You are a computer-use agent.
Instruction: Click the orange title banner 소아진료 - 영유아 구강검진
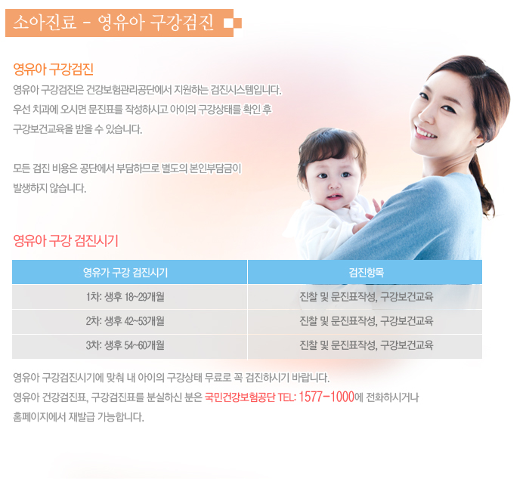point(119,23)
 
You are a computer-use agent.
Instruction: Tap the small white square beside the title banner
point(228,23)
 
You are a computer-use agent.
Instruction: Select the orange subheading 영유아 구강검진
point(54,70)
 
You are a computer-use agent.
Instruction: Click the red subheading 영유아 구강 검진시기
point(66,241)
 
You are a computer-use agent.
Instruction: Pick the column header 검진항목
point(367,272)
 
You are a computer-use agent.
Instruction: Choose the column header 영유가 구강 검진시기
point(125,272)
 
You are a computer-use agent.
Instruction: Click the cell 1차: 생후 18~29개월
point(125,297)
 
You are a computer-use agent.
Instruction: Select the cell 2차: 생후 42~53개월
point(125,321)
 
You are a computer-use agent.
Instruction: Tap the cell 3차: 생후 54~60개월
point(125,345)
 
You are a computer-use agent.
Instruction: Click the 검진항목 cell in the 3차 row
point(367,345)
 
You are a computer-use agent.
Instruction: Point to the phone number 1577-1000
point(326,397)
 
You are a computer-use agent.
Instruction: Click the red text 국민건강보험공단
point(240,397)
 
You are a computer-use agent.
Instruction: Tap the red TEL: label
point(286,397)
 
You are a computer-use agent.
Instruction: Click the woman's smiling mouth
point(425,132)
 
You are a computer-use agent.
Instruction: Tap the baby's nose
point(334,184)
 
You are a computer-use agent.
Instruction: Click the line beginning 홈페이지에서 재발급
point(79,417)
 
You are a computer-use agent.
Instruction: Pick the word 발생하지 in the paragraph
point(29,188)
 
